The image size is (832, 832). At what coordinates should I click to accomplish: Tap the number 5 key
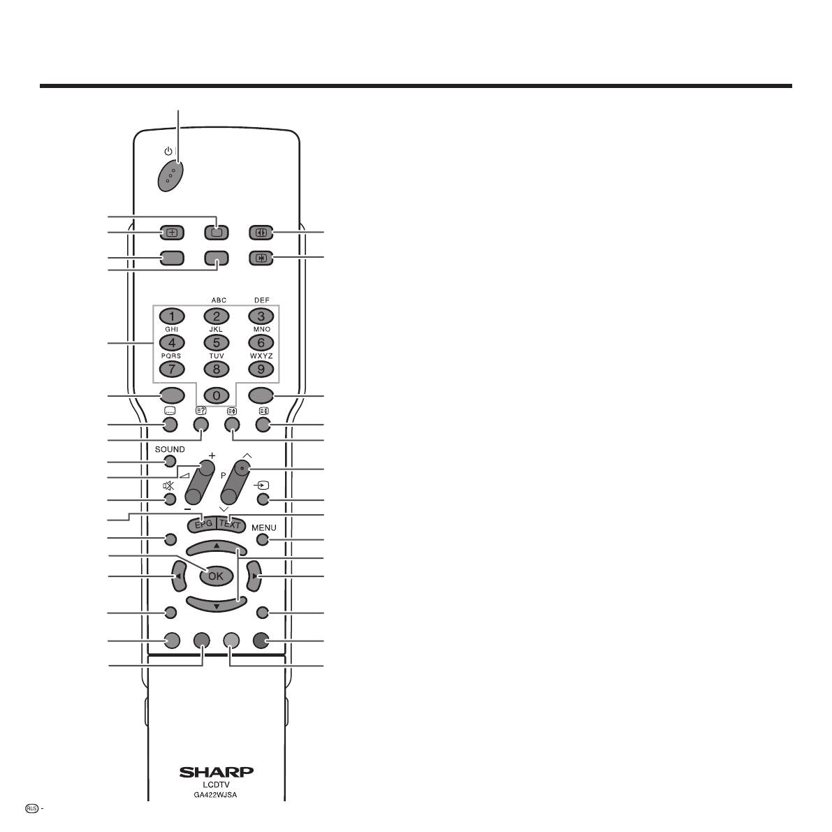(x=217, y=343)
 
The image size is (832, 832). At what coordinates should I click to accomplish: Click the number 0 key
(x=217, y=396)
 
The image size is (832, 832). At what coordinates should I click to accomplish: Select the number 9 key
(x=261, y=370)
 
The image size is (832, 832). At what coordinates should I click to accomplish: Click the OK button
(x=217, y=576)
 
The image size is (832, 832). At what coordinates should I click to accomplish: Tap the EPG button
(x=203, y=524)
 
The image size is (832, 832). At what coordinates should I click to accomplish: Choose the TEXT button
(x=231, y=524)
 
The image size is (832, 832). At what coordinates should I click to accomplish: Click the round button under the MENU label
(x=262, y=539)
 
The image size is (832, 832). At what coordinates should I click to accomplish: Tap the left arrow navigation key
(x=180, y=576)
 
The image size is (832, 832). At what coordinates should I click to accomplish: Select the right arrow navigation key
(x=254, y=576)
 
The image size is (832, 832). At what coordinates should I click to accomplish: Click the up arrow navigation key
(x=217, y=548)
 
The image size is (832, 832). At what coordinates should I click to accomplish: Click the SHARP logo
(x=217, y=772)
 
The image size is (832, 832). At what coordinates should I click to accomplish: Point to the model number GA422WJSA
(x=215, y=795)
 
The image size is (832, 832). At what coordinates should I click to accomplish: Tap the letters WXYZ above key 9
(x=261, y=356)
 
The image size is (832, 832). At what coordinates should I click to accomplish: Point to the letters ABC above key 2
(x=219, y=300)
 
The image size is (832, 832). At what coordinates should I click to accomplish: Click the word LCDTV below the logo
(x=216, y=784)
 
